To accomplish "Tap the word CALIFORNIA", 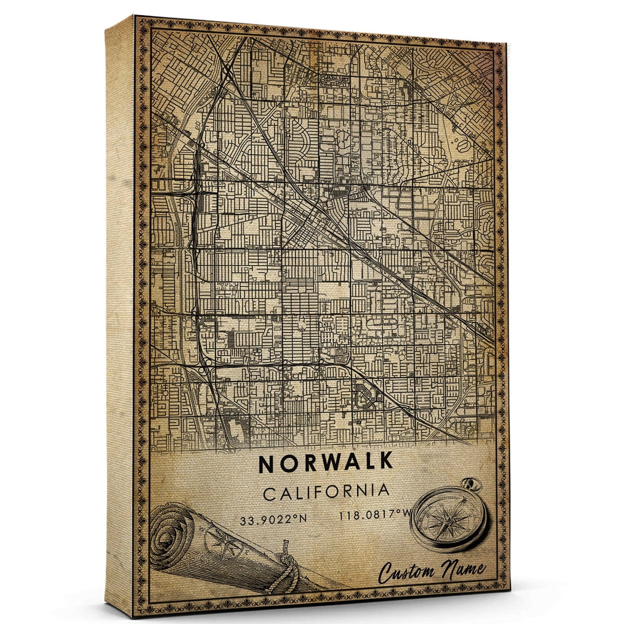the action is coord(326,492).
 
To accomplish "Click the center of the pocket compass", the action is coord(448,520).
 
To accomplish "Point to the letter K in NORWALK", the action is coord(385,463).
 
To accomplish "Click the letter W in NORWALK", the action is coord(320,464).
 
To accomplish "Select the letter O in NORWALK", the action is coord(286,464).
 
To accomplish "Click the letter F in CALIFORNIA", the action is coord(322,492).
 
